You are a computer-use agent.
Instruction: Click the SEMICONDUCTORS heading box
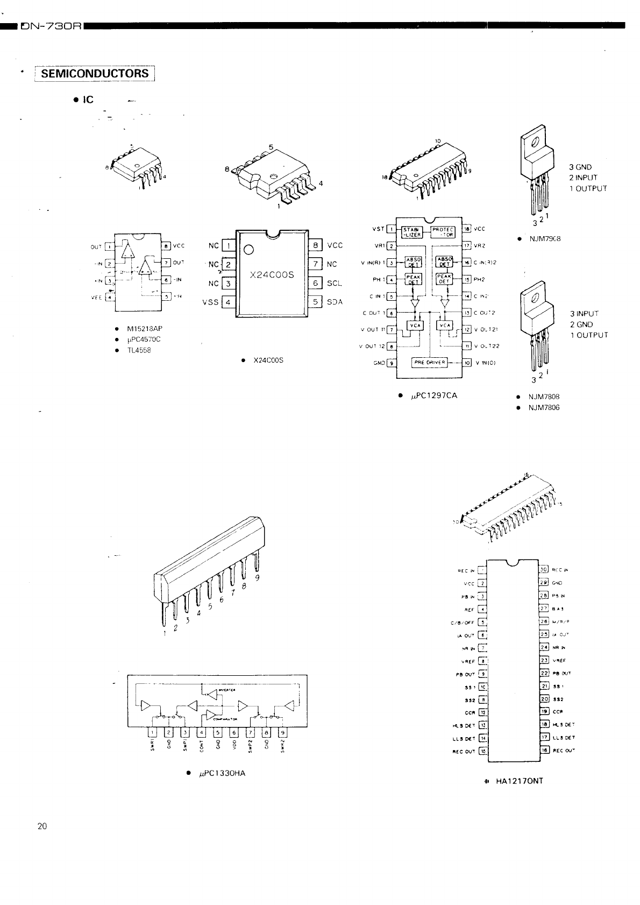click(x=95, y=74)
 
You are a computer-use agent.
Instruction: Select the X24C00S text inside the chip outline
click(x=272, y=274)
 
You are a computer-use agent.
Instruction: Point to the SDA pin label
click(x=335, y=302)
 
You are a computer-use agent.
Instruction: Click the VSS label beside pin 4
click(x=210, y=302)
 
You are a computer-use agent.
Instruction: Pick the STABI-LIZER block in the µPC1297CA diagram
click(x=413, y=232)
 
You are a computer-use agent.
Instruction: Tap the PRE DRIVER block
click(x=429, y=362)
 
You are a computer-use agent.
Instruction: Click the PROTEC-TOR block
click(x=444, y=232)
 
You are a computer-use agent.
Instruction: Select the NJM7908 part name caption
click(x=545, y=238)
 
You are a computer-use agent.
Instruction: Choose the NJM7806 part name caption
click(x=544, y=408)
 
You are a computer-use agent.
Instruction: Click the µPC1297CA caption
click(x=433, y=395)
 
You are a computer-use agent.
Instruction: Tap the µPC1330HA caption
click(x=221, y=773)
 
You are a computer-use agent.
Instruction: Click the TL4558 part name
click(x=139, y=350)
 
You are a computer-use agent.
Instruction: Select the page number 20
click(x=42, y=826)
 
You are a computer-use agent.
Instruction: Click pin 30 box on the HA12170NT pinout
click(x=543, y=570)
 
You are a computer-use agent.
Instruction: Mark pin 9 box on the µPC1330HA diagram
click(x=282, y=732)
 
